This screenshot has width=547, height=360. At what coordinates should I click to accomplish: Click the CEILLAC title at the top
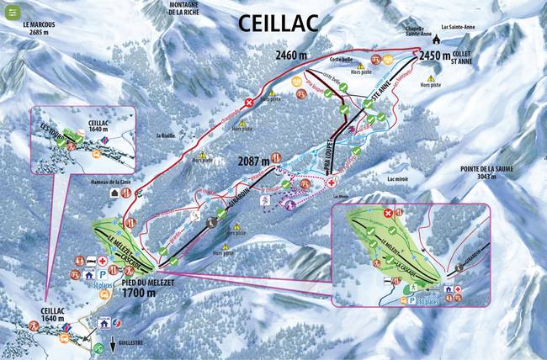[x=279, y=22]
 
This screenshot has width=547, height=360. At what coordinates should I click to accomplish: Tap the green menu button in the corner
[x=13, y=12]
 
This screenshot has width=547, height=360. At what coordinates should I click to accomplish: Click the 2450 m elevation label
[x=436, y=56]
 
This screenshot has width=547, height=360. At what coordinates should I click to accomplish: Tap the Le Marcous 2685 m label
[x=40, y=29]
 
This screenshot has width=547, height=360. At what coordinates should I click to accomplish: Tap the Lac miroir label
[x=397, y=178]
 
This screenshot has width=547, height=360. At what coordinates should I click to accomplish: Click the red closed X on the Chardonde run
[x=249, y=103]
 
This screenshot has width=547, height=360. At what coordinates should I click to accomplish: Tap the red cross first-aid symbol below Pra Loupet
[x=332, y=183]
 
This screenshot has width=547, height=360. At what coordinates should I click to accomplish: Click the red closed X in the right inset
[x=388, y=214]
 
